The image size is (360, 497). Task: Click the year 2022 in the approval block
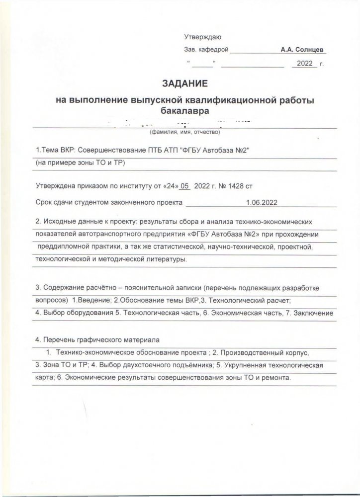(x=304, y=64)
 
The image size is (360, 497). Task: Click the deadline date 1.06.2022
(x=262, y=202)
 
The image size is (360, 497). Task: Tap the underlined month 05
(x=185, y=185)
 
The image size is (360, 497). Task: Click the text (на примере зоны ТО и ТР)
(x=79, y=164)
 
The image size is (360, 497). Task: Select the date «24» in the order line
(x=169, y=185)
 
